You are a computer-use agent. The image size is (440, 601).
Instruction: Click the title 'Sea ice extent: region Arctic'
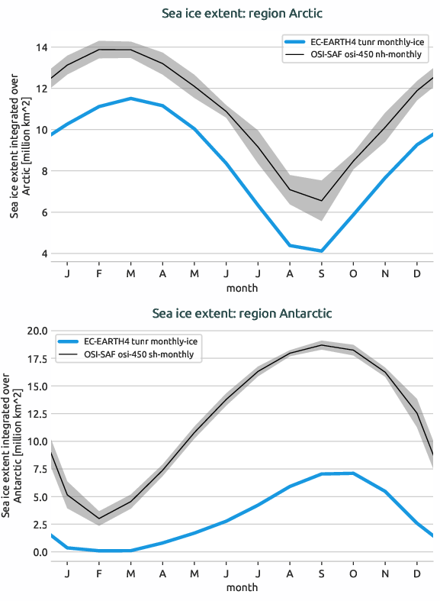[242, 14]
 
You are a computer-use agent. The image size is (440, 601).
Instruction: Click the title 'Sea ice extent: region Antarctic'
[242, 313]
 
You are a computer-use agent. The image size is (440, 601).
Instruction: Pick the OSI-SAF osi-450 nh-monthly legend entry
[355, 55]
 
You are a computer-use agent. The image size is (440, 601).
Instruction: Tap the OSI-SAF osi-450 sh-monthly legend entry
[138, 354]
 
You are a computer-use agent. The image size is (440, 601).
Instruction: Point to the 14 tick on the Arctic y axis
[41, 47]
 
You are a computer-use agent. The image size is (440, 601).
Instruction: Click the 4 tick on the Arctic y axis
[44, 254]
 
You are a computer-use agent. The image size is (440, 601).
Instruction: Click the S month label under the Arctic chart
[322, 273]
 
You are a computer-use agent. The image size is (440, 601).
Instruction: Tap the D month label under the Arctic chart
[416, 273]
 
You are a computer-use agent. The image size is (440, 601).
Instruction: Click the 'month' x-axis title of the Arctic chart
[242, 288]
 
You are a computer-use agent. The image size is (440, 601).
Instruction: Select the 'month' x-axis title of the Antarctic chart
[242, 587]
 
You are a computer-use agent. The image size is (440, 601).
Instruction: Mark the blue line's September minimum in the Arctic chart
[322, 251]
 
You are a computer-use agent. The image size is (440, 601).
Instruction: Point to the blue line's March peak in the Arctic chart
[131, 99]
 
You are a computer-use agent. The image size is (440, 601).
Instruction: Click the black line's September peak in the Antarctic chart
[322, 345]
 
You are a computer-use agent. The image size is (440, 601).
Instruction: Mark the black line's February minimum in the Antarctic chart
[99, 519]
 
